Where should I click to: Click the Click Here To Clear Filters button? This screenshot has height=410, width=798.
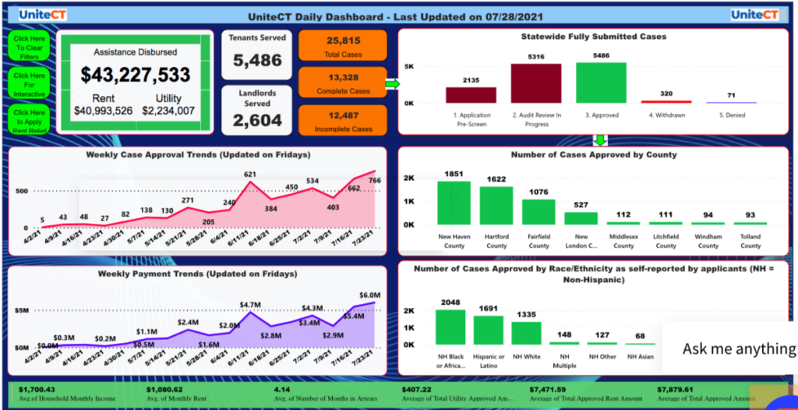pos(30,47)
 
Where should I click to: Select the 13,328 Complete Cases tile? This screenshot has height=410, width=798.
pos(343,83)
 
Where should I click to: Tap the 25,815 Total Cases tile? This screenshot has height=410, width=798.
pos(343,45)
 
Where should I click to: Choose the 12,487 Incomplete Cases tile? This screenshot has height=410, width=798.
pos(343,120)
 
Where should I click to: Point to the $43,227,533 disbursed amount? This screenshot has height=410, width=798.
pos(136,75)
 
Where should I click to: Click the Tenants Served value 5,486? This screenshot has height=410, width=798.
pos(257,60)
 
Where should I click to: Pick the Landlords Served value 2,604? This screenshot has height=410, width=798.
pos(257,120)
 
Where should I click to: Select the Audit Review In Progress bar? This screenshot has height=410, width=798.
pos(535,83)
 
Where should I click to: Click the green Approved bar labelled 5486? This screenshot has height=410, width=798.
pos(601,83)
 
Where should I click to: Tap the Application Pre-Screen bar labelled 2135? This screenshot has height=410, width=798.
pos(470,94)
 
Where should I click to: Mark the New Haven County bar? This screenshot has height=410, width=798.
pos(454,203)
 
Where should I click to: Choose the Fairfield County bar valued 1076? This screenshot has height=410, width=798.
pos(538,212)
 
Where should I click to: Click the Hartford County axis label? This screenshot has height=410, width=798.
pos(496,241)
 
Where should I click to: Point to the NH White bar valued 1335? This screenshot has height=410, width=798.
pos(526,333)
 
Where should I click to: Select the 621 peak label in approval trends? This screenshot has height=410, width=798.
pos(250,175)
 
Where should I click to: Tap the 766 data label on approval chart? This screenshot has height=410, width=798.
pos(374,181)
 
